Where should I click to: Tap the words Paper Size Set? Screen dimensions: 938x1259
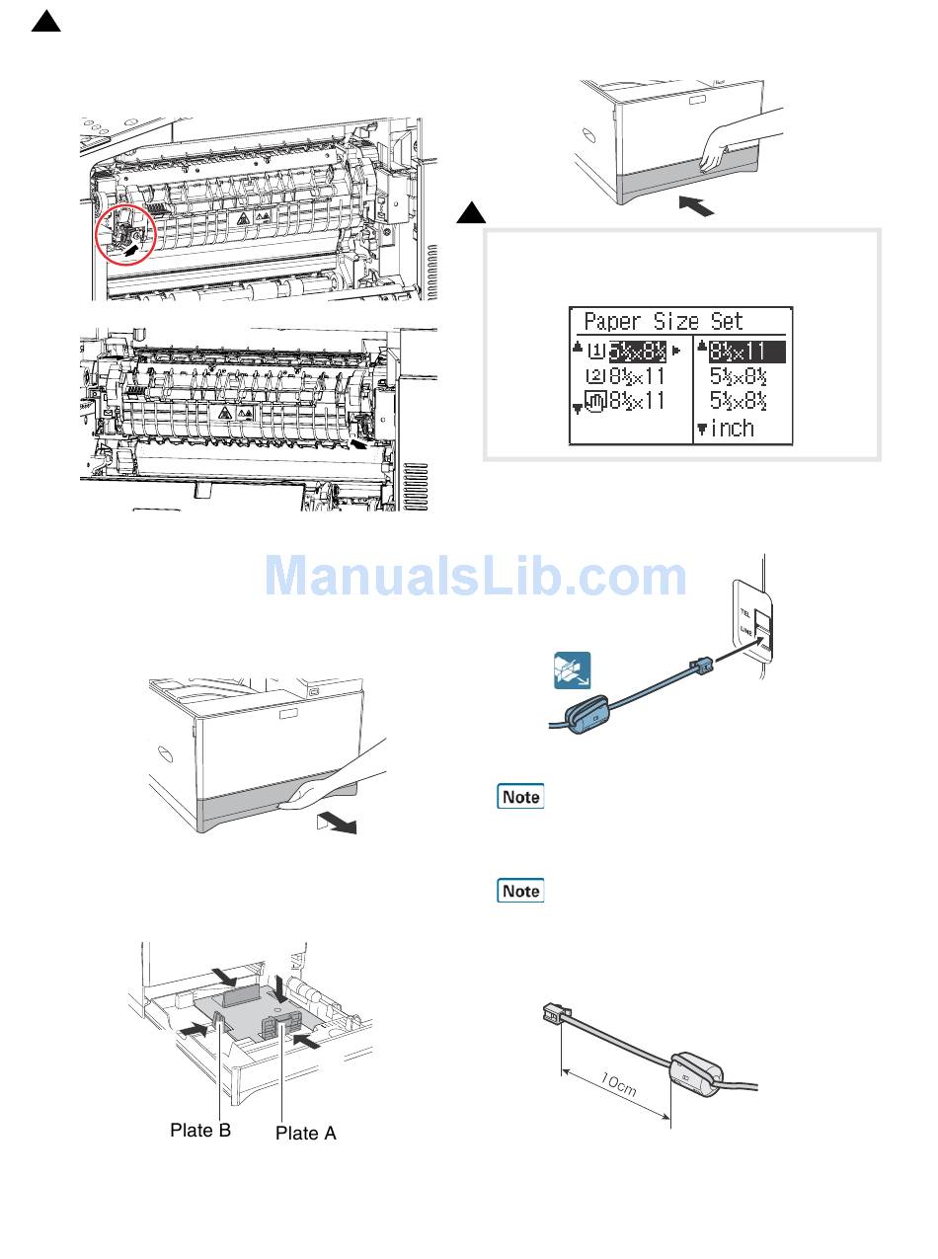click(663, 322)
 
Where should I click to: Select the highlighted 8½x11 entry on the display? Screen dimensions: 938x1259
click(740, 352)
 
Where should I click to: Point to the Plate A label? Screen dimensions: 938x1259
click(305, 1134)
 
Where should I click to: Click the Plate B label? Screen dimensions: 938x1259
click(200, 1131)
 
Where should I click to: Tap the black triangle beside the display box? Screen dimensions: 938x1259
click(472, 213)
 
